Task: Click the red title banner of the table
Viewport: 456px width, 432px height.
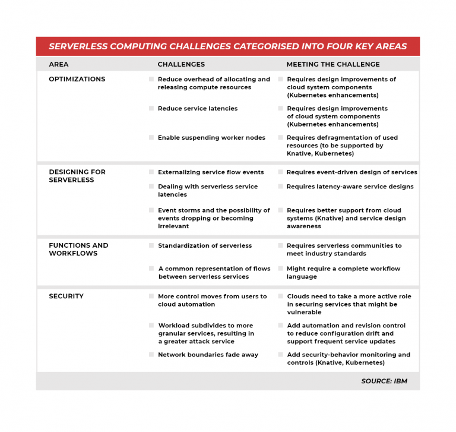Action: (227, 46)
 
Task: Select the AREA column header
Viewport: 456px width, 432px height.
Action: (58, 64)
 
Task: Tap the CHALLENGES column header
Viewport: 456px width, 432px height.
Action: (181, 64)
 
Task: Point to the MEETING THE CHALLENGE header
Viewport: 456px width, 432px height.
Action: (333, 64)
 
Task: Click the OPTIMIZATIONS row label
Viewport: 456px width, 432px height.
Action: (77, 79)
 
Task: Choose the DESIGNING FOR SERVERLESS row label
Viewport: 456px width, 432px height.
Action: (77, 176)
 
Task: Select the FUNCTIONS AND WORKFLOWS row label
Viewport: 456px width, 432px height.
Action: (78, 250)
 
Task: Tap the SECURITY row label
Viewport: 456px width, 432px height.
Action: (66, 296)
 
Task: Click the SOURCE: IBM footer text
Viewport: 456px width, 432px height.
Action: (384, 381)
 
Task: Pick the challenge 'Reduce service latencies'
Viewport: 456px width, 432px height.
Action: (198, 109)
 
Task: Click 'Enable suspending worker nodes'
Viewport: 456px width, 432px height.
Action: (211, 138)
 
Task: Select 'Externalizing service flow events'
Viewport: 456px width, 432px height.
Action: (211, 172)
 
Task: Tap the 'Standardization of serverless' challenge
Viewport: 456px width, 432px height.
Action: (205, 245)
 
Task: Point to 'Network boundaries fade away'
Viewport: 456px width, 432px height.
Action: (208, 355)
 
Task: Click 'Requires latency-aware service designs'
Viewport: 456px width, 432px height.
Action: (350, 187)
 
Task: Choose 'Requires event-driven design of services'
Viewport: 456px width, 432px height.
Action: (351, 172)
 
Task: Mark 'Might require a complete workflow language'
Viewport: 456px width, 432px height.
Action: (343, 273)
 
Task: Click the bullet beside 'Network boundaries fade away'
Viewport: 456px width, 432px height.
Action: (151, 355)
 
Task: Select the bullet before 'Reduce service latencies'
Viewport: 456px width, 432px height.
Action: (151, 108)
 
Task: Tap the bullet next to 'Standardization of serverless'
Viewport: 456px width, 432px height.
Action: (151, 245)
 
